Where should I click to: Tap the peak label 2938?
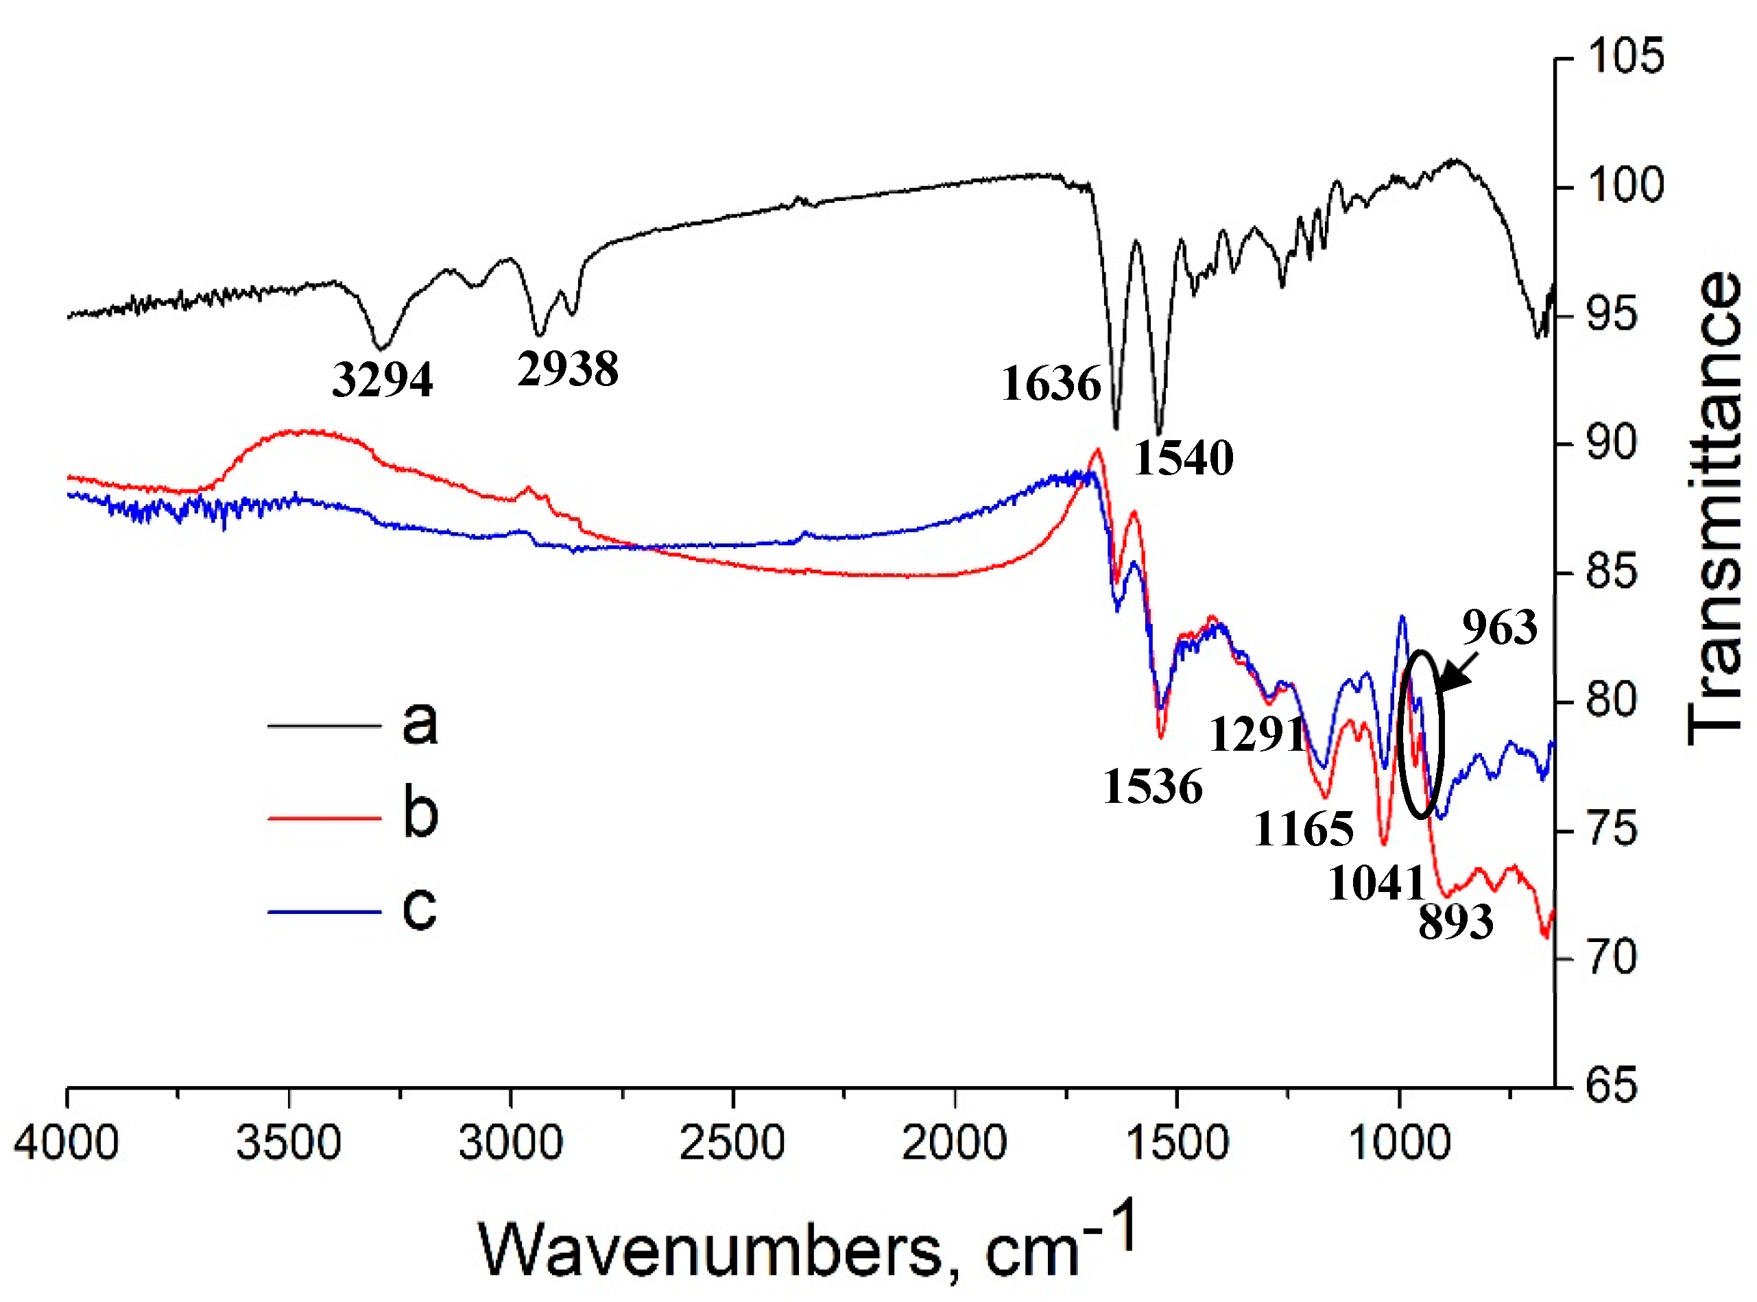click(x=568, y=368)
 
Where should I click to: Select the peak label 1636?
click(x=1051, y=385)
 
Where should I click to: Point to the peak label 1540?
click(x=1183, y=458)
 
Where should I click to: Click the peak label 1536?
click(x=1152, y=786)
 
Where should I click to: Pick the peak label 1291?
click(x=1256, y=734)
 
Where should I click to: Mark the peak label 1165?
click(x=1304, y=829)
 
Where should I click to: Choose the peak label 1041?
click(x=1376, y=882)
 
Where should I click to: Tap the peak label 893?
click(x=1455, y=921)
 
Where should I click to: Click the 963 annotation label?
click(x=1499, y=628)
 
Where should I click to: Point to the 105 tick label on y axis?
click(x=1625, y=57)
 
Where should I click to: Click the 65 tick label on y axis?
click(x=1611, y=1085)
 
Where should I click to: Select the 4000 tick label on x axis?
click(x=67, y=1142)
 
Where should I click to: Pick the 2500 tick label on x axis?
click(x=732, y=1142)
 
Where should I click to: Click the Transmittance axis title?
click(x=1714, y=508)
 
